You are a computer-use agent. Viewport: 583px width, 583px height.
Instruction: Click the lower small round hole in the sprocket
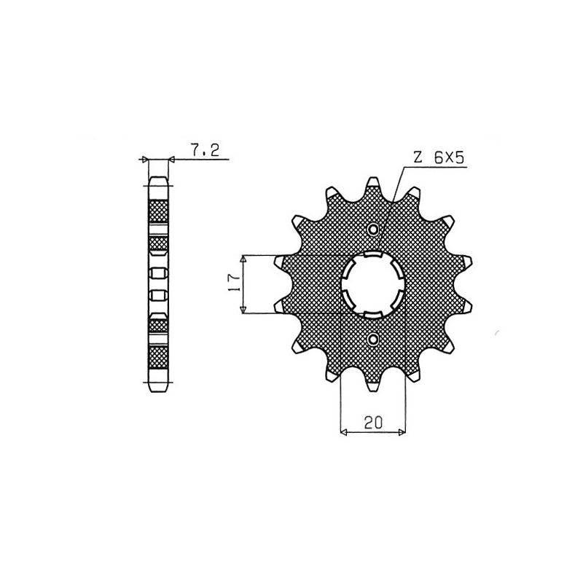(373, 339)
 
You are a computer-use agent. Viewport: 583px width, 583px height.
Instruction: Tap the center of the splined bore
(373, 285)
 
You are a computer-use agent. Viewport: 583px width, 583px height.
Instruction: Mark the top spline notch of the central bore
(373, 254)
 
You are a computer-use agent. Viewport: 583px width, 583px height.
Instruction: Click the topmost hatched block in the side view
(159, 211)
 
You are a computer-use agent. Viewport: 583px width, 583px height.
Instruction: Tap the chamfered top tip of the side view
(159, 179)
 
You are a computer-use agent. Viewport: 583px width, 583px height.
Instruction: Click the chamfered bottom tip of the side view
(159, 388)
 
